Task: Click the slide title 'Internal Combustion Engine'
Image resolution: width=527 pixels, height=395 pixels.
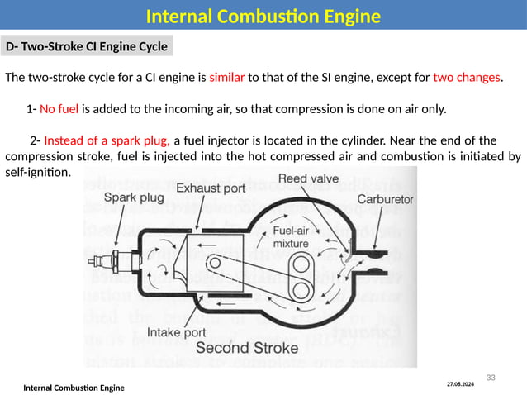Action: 263,17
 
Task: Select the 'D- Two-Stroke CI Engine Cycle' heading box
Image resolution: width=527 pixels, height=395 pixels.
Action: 87,47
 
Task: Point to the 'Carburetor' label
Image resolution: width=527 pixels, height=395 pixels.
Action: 386,199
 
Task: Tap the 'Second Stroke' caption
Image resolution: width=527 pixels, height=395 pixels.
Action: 246,347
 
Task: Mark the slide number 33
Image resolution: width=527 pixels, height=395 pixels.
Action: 491,377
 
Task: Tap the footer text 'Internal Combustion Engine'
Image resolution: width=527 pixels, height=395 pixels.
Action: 74,387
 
